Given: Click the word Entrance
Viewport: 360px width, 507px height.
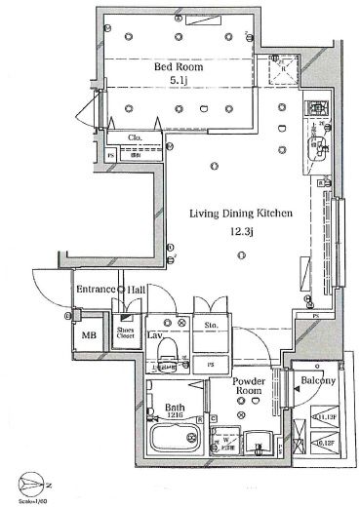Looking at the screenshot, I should click(x=96, y=290).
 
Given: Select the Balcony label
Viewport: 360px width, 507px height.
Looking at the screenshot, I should click(x=317, y=380).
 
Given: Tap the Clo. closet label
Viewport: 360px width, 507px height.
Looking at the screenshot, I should click(x=137, y=137).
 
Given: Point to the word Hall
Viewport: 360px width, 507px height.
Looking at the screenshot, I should click(x=138, y=290).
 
